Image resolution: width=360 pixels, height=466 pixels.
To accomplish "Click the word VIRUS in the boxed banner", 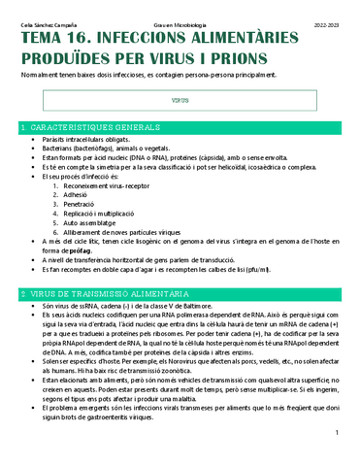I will (x=180, y=100).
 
